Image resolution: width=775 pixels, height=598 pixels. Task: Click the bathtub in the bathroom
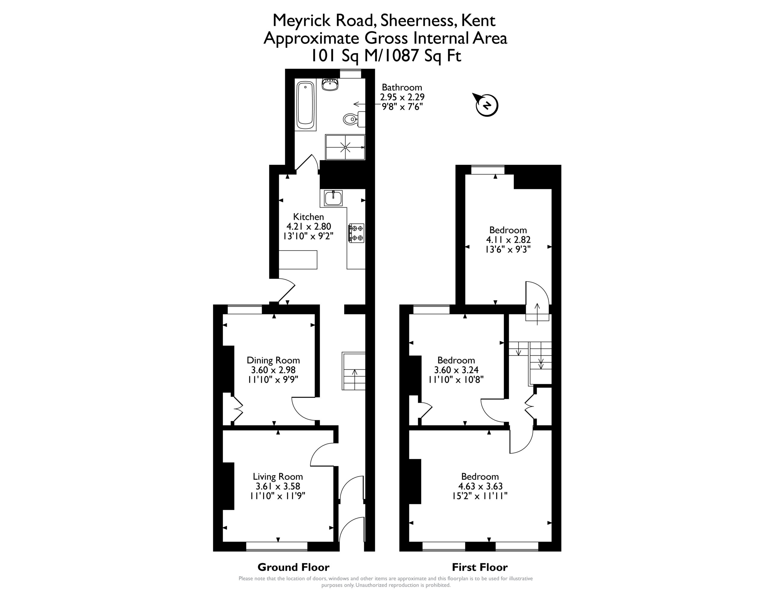[305, 106]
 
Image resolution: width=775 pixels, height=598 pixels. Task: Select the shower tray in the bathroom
[345, 147]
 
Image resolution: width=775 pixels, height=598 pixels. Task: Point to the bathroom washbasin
[330, 84]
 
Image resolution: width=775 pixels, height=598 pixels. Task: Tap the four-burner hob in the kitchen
[356, 233]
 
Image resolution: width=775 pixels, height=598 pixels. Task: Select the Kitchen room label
[308, 216]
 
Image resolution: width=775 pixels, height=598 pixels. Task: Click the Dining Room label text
[273, 360]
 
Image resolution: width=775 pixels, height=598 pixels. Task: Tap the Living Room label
[278, 476]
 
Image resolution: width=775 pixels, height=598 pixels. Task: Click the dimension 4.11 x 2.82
[508, 240]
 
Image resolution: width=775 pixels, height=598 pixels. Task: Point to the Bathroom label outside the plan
[402, 87]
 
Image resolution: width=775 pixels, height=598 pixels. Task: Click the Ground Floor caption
[293, 567]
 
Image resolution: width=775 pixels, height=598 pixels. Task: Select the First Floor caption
[480, 567]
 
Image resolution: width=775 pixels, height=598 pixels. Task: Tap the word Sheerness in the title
[418, 20]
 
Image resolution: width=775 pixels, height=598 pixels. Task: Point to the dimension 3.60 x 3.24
[456, 370]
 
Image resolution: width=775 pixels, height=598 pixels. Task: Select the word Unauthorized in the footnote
[371, 585]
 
